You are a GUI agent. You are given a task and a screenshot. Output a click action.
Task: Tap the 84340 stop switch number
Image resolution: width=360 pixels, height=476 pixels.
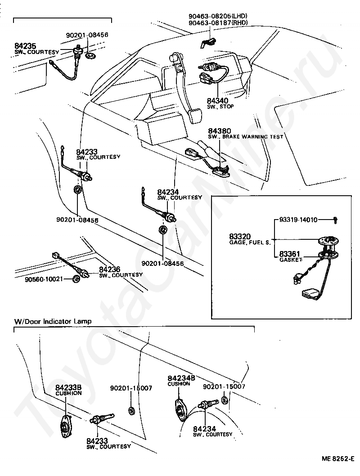(x=217, y=101)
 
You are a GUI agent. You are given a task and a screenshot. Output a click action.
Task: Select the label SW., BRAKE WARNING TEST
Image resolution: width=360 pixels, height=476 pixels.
(x=246, y=137)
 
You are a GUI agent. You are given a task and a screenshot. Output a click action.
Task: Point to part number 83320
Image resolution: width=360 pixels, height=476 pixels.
(x=239, y=236)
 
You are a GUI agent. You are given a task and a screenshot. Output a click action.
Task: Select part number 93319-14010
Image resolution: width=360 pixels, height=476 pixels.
(x=298, y=220)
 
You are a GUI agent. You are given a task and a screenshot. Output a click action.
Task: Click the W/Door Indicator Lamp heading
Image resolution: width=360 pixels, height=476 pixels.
(x=53, y=321)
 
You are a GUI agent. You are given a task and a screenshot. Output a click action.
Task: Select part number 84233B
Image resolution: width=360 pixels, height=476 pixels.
(x=68, y=387)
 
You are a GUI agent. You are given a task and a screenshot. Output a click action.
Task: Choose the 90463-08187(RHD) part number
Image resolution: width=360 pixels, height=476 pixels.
(x=218, y=22)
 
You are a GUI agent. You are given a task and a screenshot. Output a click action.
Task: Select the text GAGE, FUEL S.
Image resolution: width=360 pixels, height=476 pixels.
(x=247, y=242)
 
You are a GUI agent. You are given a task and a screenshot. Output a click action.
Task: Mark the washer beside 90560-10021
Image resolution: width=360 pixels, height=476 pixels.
(x=76, y=279)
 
